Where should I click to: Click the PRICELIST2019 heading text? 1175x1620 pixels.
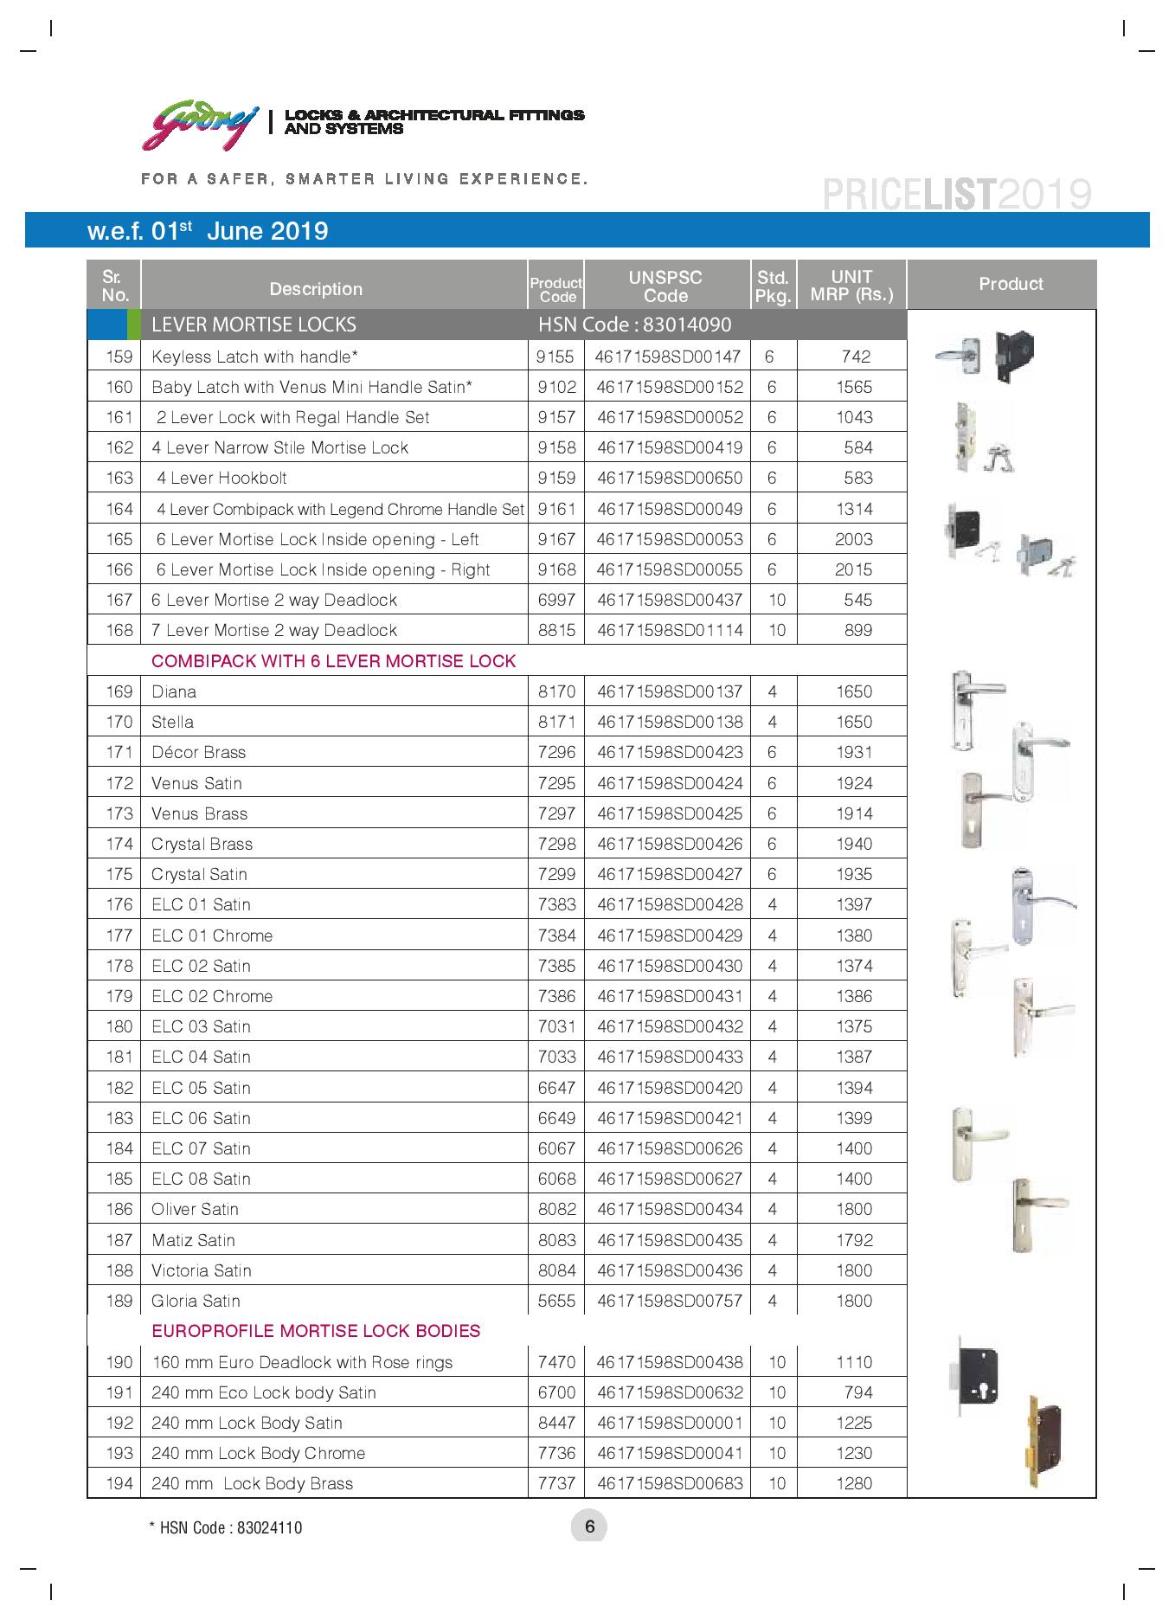[956, 194]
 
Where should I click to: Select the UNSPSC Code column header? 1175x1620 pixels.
[665, 286]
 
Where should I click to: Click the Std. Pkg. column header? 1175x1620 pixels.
[773, 286]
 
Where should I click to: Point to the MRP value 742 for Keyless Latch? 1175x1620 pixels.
[855, 357]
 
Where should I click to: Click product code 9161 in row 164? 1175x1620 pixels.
[556, 509]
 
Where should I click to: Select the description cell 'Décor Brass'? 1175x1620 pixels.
[199, 752]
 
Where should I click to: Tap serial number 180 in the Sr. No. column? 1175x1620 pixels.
[119, 1026]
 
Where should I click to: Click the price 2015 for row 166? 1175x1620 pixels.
[854, 569]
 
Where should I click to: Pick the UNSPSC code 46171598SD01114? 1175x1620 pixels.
[669, 630]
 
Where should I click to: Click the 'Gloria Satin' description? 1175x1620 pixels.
[196, 1301]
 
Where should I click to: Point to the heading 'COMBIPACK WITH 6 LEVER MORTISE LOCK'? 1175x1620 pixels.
[333, 661]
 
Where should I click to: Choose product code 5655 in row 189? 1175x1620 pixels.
[556, 1301]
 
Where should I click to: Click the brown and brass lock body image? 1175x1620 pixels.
[1043, 1441]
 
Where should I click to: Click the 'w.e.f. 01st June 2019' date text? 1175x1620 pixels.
[208, 231]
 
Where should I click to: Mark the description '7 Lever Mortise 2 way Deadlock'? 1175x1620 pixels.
[274, 630]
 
